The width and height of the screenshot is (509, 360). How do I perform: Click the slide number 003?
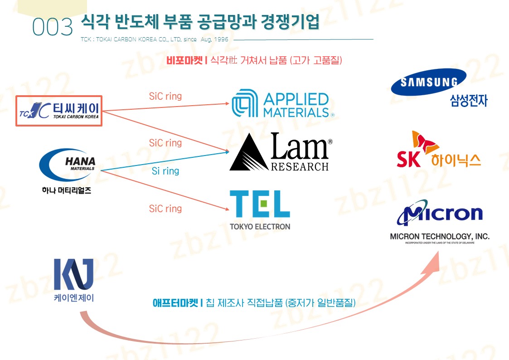coord(53,28)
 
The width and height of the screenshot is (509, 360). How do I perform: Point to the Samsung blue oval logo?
coord(428,82)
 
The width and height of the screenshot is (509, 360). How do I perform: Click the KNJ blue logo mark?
coord(73,274)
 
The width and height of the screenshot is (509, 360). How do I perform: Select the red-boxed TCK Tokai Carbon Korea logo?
coord(59,111)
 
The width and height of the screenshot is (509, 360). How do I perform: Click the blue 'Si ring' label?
coord(165,171)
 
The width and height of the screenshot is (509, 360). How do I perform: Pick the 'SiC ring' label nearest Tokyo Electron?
coord(165,209)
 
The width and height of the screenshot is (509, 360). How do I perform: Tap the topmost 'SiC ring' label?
coord(165,96)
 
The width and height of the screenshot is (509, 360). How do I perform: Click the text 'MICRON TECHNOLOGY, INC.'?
coord(440,236)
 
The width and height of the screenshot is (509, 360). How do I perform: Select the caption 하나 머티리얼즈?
coord(66,190)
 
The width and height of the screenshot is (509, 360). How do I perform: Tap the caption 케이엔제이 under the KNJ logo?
coord(73,298)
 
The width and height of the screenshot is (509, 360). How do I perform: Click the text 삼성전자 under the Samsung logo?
coord(468,101)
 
